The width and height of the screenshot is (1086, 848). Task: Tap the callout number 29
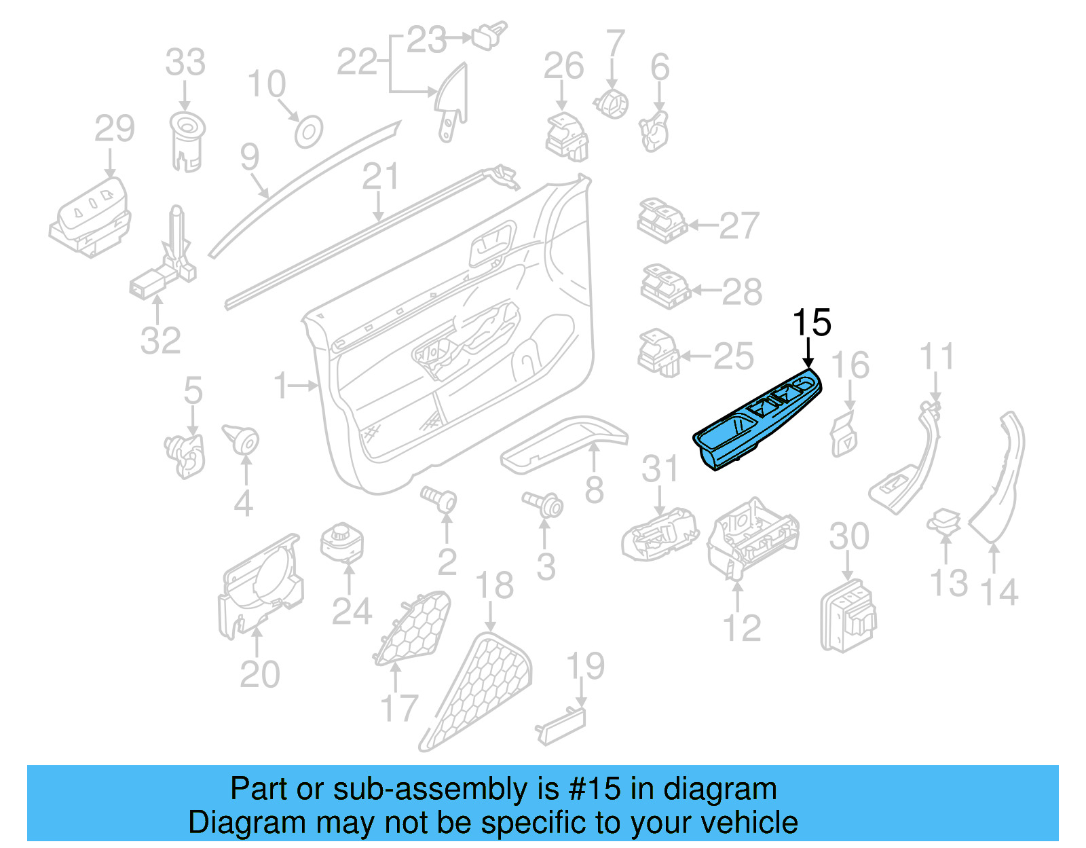pos(114,129)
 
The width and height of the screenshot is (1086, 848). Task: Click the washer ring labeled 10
pos(308,132)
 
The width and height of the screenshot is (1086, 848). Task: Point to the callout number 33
pos(185,62)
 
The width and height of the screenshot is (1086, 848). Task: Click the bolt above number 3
pos(544,503)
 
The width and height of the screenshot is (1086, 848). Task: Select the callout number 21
pos(380,177)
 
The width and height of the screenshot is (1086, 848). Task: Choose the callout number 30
pos(848,536)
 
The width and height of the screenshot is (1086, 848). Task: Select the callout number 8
pos(594,489)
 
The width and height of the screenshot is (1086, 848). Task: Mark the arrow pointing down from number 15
pos(808,354)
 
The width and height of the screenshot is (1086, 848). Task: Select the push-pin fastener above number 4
pos(242,439)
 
